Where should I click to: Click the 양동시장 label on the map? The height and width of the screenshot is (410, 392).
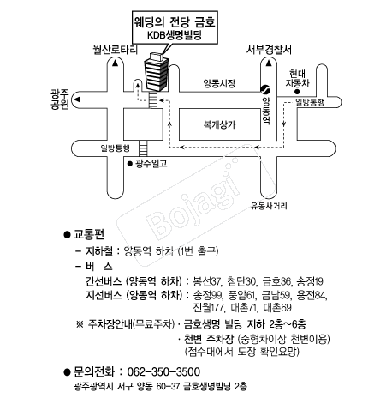point(219,83)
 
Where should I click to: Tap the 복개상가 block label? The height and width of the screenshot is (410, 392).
point(219,124)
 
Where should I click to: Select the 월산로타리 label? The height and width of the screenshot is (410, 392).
point(115,50)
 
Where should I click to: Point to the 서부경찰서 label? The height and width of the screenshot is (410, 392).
point(269,50)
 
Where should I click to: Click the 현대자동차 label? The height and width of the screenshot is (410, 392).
point(298,78)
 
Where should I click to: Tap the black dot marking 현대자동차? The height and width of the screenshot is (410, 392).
point(297,92)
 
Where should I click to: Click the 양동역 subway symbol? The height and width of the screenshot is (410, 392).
point(265,89)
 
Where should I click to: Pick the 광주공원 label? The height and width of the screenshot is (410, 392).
point(60,99)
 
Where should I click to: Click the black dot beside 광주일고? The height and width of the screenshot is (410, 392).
point(130,164)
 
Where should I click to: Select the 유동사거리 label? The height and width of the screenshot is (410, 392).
point(269,206)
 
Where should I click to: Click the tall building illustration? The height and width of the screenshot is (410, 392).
point(157,72)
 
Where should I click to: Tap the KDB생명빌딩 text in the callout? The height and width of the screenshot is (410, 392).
point(175,35)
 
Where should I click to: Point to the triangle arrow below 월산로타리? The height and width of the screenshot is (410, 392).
point(115,63)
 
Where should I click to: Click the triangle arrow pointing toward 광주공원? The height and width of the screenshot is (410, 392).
point(77,99)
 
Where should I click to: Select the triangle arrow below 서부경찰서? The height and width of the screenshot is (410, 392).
point(269,63)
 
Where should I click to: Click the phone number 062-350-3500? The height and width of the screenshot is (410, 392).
point(163,371)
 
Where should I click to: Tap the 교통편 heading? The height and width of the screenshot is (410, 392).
point(89,234)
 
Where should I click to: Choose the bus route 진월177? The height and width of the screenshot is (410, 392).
point(208,308)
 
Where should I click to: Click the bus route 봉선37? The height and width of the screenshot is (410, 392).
point(207,281)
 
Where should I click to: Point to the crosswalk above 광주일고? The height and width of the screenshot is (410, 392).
point(143,148)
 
